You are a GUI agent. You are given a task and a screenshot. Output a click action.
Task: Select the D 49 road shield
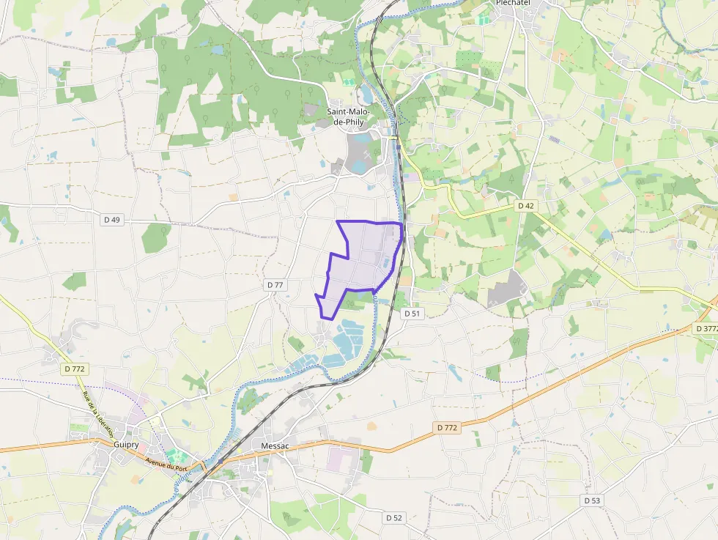click(111, 220)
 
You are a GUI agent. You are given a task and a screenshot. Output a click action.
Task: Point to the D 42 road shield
click(525, 206)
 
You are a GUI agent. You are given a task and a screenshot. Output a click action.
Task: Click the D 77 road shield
click(275, 284)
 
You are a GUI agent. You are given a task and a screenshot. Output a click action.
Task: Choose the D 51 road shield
click(412, 313)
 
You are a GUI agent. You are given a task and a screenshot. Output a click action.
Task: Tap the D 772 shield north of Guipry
click(75, 370)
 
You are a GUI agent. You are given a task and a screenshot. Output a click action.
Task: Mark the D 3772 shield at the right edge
click(706, 329)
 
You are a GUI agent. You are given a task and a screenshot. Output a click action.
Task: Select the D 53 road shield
click(592, 500)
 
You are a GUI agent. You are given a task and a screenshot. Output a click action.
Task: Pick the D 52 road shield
click(394, 517)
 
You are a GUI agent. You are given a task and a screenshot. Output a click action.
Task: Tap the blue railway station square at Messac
click(221, 461)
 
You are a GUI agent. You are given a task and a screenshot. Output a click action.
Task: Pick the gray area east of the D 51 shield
click(507, 290)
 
